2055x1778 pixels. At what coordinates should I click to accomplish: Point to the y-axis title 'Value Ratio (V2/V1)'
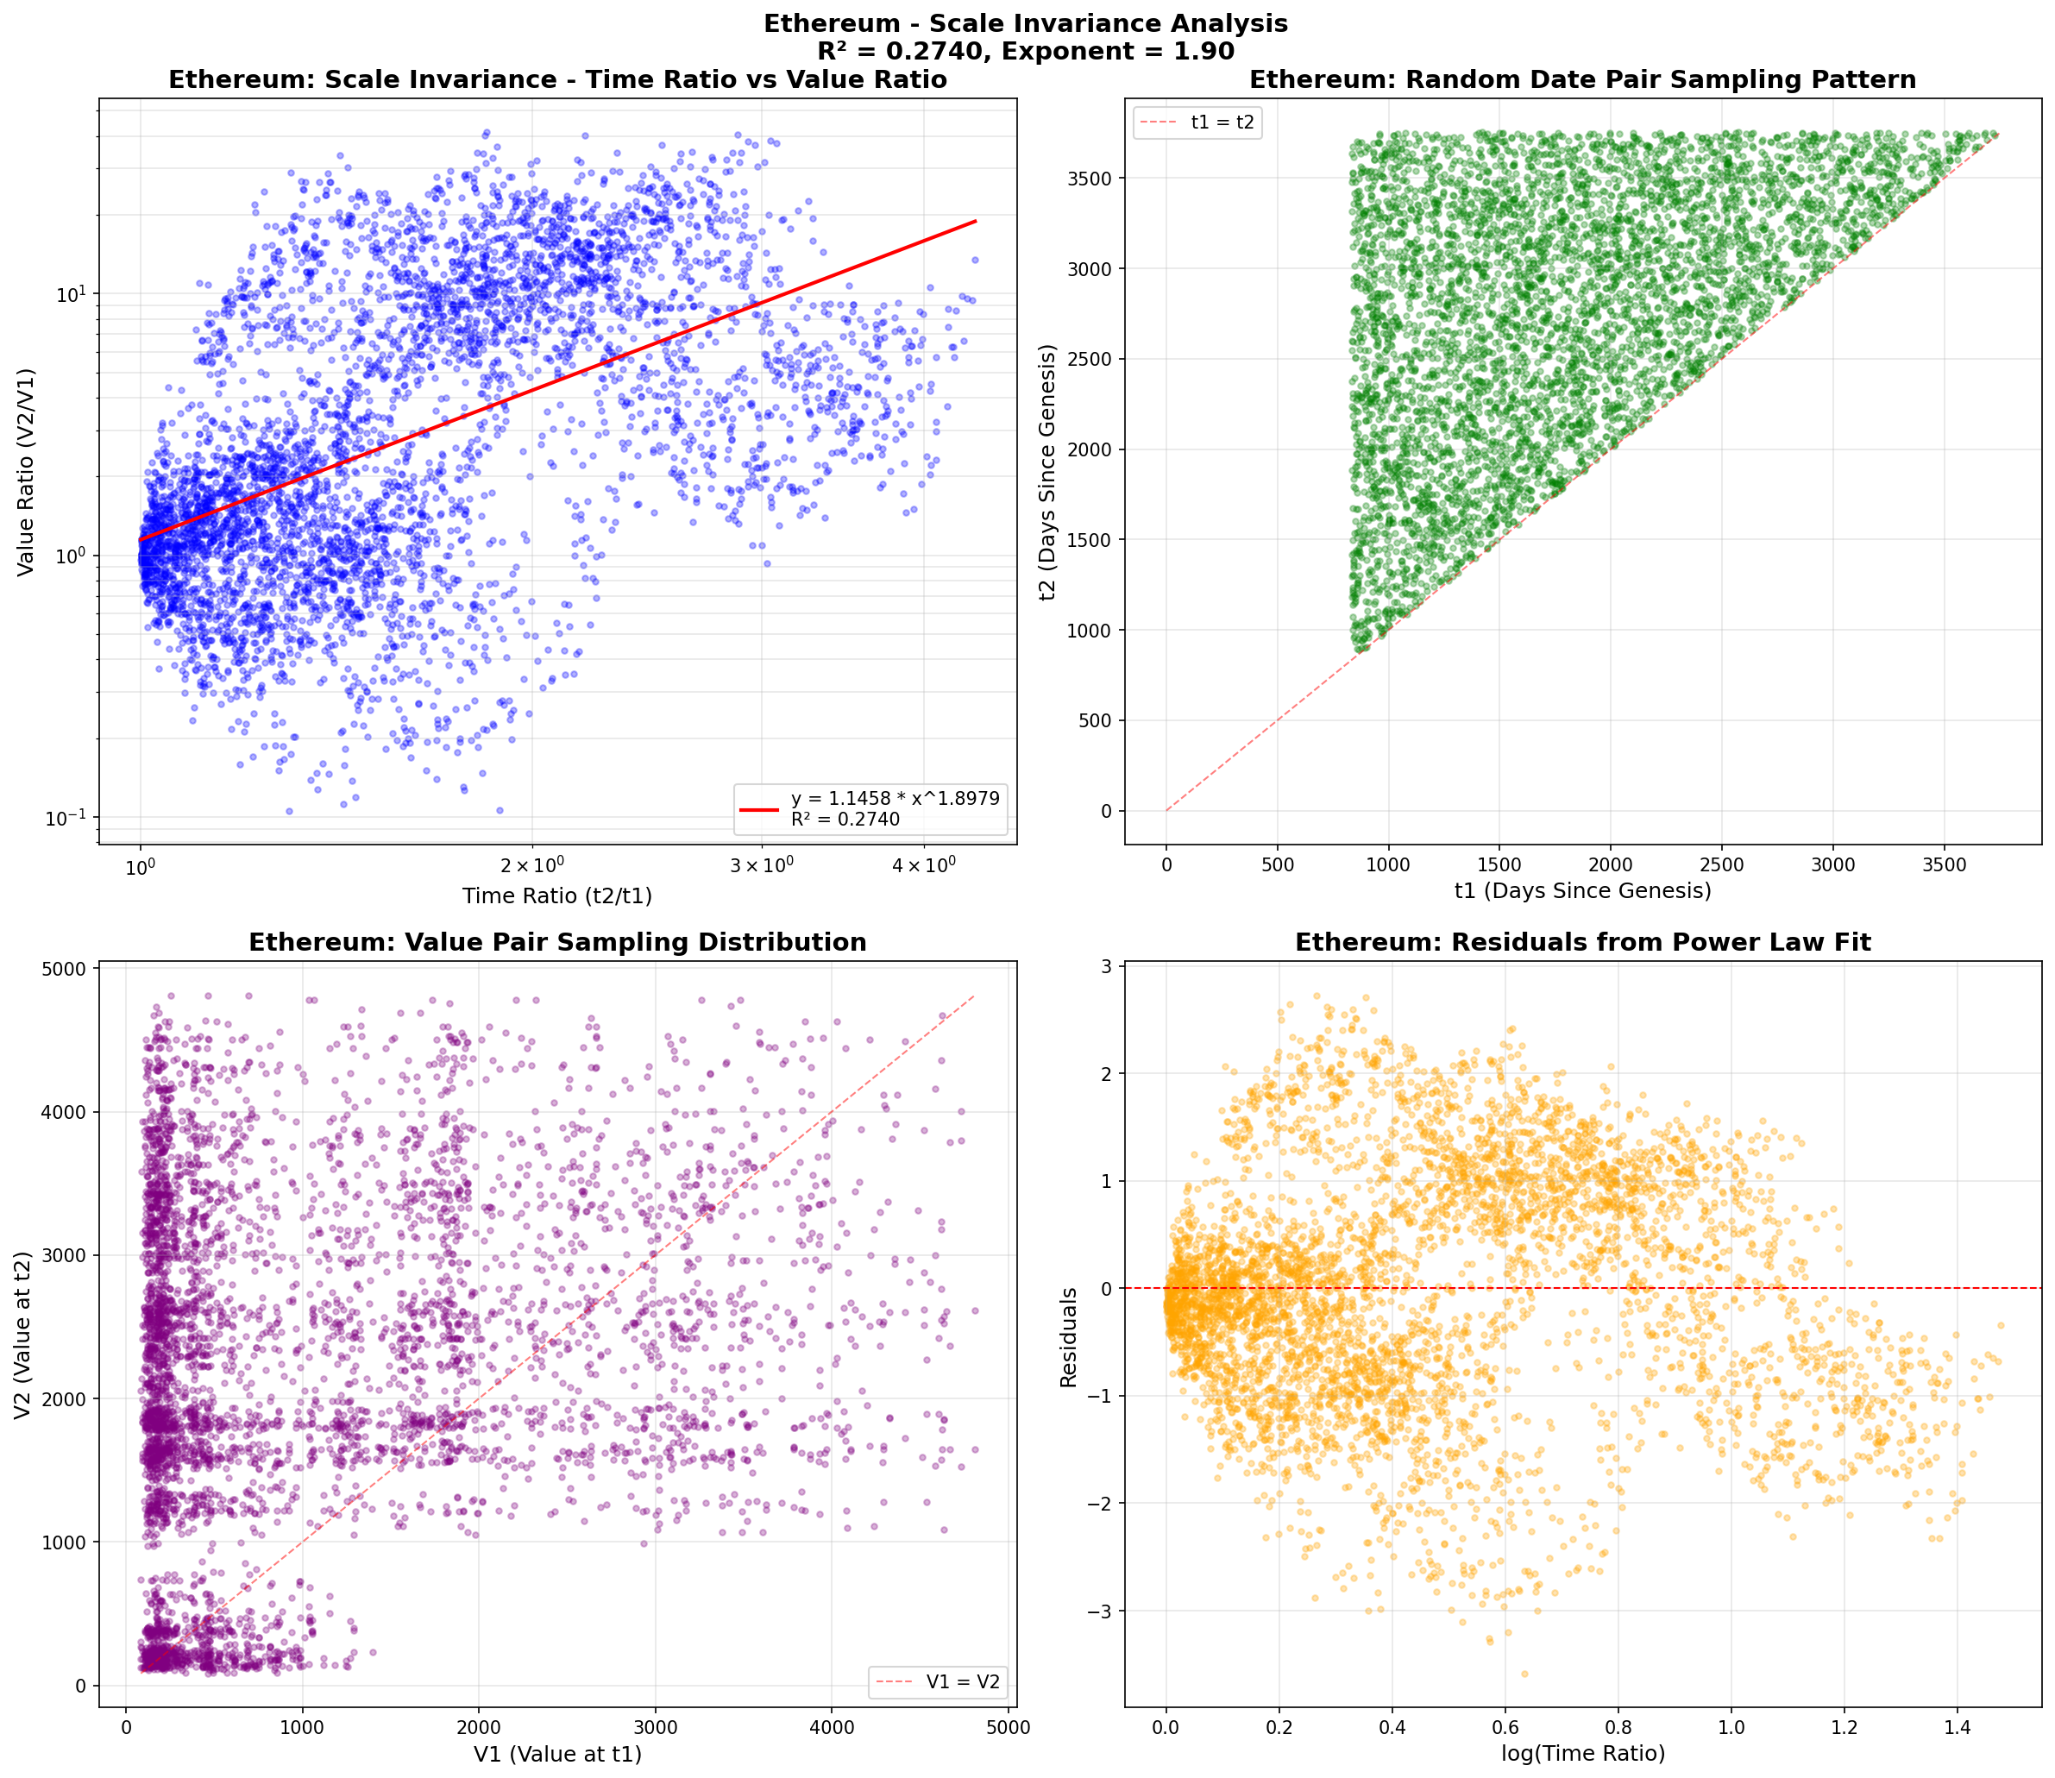click(x=27, y=471)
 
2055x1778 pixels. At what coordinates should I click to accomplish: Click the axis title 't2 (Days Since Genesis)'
click(x=1046, y=472)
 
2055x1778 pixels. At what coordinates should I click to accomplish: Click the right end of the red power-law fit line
click(x=977, y=221)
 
